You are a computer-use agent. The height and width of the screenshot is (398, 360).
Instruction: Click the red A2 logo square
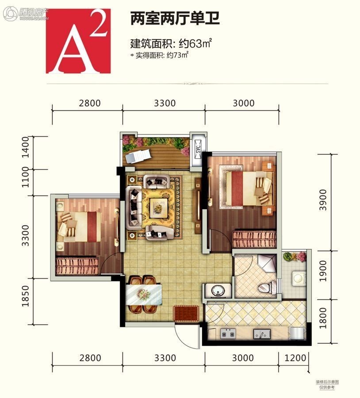point(78,41)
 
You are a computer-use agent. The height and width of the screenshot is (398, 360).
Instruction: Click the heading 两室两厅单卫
point(175,18)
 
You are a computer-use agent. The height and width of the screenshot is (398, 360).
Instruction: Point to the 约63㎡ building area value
point(195,44)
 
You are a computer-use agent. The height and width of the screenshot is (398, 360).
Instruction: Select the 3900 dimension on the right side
point(323,200)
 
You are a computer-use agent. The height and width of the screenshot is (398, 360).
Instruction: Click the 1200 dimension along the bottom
point(295,358)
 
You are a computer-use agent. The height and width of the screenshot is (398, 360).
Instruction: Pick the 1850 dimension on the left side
point(26,296)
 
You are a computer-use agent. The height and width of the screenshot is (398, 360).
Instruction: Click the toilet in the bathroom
point(267,287)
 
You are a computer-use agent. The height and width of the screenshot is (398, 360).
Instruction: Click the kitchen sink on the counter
point(262,334)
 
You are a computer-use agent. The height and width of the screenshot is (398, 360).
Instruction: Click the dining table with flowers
point(144,295)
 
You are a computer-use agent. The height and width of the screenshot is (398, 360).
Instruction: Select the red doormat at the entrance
point(186,314)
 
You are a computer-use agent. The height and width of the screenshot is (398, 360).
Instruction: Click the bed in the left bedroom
point(79,227)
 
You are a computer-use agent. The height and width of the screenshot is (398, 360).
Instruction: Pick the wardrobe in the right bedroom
point(254,239)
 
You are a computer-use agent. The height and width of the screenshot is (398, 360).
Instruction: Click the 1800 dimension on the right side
point(323,318)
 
